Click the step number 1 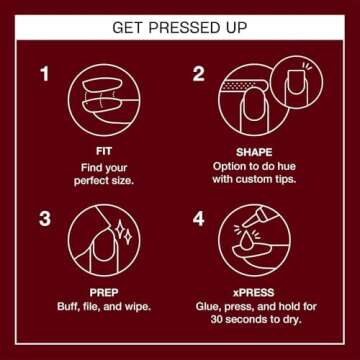pos(44,74)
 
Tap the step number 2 pos(199,74)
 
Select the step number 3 pos(44,217)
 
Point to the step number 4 pos(199,217)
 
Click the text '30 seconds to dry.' pos(257,321)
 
